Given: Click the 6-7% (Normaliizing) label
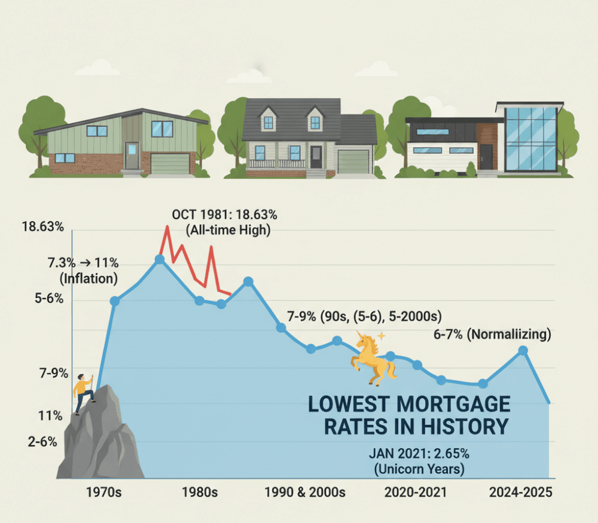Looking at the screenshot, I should (x=492, y=335).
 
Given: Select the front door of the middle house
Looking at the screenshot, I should (x=316, y=157).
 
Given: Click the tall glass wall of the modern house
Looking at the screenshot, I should (x=530, y=138).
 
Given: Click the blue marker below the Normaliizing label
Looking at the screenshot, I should (x=523, y=351).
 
